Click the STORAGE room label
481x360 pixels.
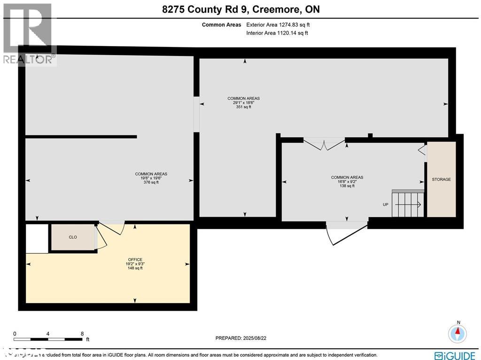441,180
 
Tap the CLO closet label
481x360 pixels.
73,237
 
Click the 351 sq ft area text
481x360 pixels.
243,107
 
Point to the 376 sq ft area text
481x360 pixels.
151,182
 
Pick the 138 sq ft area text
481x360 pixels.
347,186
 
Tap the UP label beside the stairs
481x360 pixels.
386,204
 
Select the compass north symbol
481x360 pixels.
458,333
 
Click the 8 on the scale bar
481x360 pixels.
82,333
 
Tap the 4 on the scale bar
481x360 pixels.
48,333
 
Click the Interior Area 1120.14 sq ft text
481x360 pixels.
277,33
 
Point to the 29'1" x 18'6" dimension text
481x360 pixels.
243,102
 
